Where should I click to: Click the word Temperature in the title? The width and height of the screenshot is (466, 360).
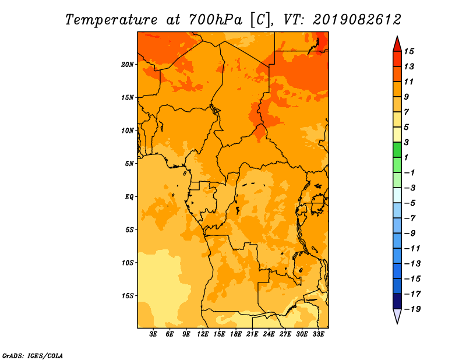coord(111,20)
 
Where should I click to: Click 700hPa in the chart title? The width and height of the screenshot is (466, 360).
coord(215,20)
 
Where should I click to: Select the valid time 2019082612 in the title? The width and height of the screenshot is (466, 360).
coord(357,20)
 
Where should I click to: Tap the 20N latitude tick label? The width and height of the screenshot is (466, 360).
coord(128,65)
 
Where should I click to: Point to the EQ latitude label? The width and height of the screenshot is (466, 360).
coord(129,197)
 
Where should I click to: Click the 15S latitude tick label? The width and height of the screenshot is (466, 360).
coord(128,296)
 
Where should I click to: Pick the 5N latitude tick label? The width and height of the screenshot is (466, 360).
coord(129,164)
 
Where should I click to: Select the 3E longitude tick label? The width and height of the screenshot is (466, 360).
coord(153,334)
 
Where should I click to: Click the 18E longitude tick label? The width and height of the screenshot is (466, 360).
coord(236,334)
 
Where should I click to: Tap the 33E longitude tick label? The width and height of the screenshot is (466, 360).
coord(318,334)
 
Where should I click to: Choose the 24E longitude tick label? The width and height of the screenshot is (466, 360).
coord(269,334)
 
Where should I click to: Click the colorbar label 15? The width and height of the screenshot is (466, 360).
coord(409,51)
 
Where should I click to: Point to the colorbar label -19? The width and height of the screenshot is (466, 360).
coord(412,309)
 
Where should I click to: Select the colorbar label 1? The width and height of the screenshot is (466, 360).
coord(406,157)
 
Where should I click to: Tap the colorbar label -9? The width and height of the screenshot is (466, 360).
coord(410,234)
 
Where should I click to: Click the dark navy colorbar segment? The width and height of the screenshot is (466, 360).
coord(397,301)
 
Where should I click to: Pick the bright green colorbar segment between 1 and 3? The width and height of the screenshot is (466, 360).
coord(397,150)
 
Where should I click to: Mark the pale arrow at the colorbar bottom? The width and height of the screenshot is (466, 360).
coord(397,315)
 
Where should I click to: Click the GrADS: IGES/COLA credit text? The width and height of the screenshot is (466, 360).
coord(33,356)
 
